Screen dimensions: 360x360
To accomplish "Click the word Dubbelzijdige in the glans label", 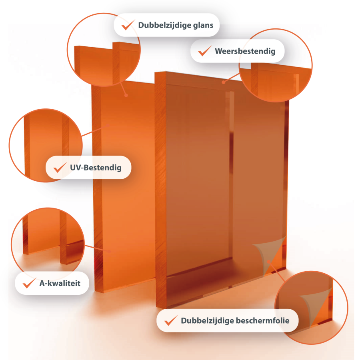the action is tap(164, 25).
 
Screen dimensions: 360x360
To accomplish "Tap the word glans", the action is tap(203, 25).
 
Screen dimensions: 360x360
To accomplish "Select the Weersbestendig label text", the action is tap(245, 51).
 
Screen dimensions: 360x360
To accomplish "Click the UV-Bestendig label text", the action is tap(96, 168).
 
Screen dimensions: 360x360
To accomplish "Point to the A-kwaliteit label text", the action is tap(60, 283).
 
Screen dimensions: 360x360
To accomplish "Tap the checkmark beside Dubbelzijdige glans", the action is tap(128, 25).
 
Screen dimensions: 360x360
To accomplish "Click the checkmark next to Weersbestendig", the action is tap(204, 51).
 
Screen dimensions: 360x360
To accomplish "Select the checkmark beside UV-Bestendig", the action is tap(60, 167).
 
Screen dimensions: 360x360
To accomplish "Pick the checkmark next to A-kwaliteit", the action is tap(29, 283).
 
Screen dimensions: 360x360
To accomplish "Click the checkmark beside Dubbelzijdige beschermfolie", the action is tap(171, 320).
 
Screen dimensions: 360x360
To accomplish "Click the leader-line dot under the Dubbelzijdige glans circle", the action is tap(126, 95).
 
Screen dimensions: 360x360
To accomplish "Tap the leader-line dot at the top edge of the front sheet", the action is tap(223, 82).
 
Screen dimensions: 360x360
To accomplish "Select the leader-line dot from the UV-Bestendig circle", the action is tap(108, 125).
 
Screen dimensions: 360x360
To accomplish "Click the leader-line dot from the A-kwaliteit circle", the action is tap(110, 252).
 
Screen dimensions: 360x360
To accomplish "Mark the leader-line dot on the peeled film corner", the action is tap(269, 262).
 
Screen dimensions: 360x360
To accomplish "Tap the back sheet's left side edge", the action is tap(97, 188).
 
